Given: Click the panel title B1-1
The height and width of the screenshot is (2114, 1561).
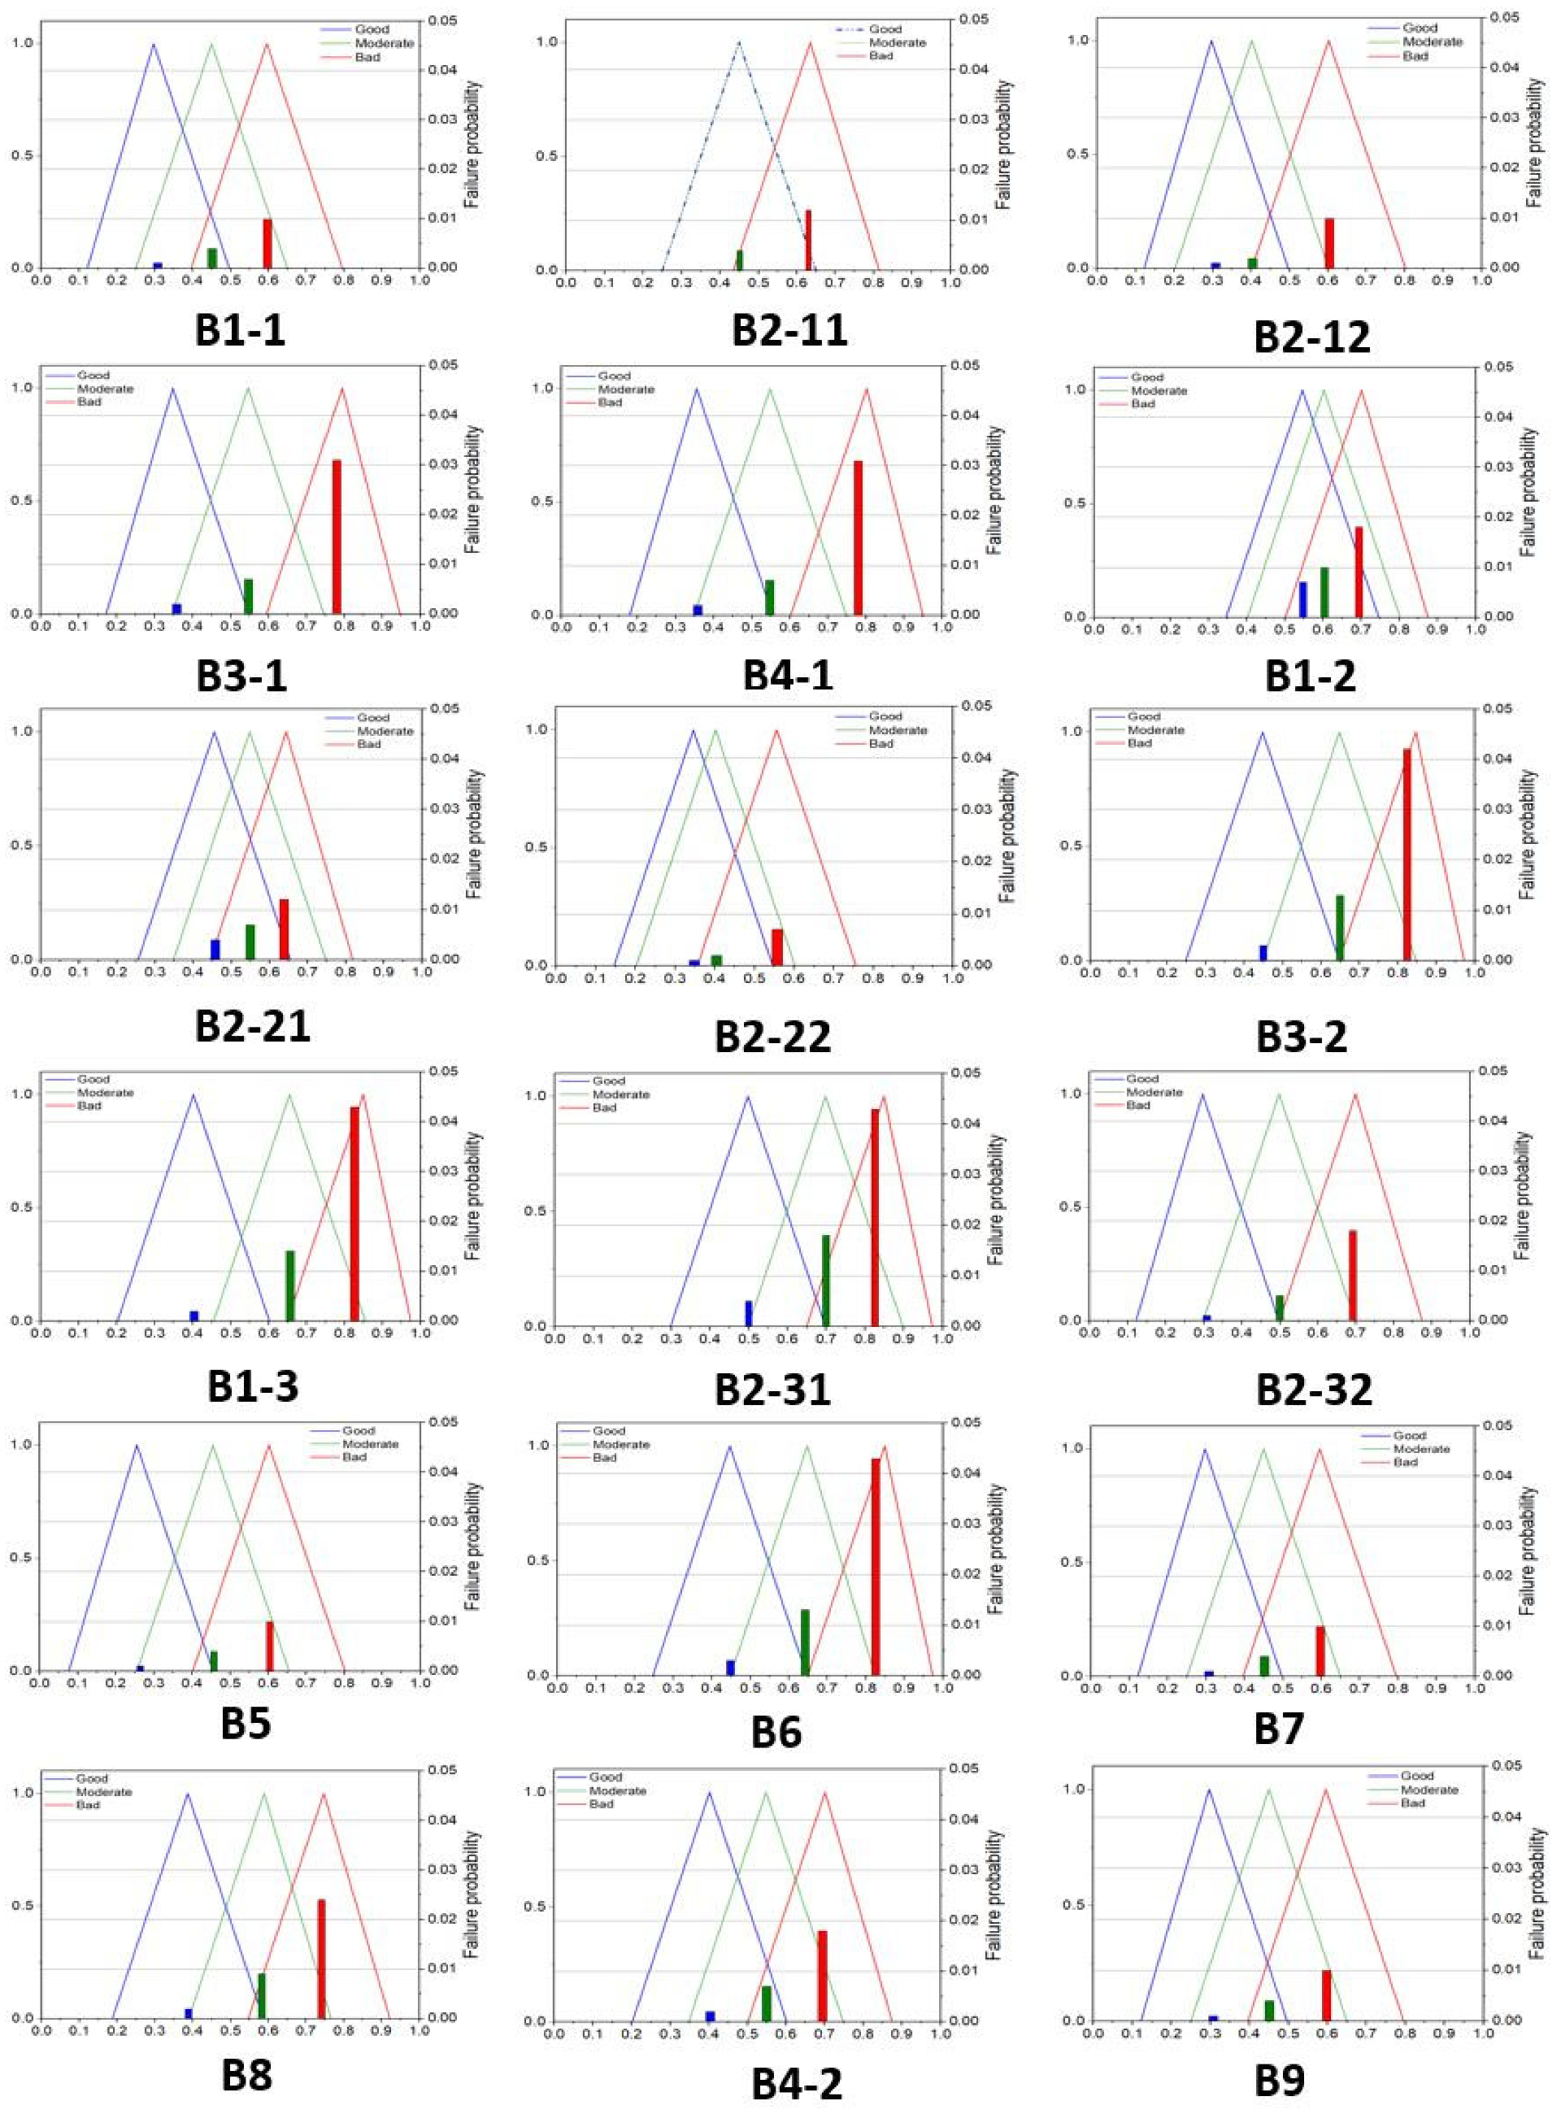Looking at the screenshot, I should tap(240, 331).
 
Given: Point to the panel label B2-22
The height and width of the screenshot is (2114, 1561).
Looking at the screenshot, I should tap(772, 1037).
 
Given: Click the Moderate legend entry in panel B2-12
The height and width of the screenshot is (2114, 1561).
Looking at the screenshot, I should tap(1432, 42).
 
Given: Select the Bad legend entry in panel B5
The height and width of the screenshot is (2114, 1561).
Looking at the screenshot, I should tap(354, 1456).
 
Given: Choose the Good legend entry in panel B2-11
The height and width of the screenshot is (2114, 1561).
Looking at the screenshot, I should tap(885, 29).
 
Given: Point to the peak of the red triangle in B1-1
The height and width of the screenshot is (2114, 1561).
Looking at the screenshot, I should tap(267, 43).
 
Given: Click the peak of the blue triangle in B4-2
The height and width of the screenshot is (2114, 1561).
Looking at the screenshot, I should tap(710, 1792).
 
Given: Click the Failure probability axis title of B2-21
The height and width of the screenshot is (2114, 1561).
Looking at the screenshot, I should tap(473, 834).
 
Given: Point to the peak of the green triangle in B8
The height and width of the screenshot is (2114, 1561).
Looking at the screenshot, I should tap(263, 1793).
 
